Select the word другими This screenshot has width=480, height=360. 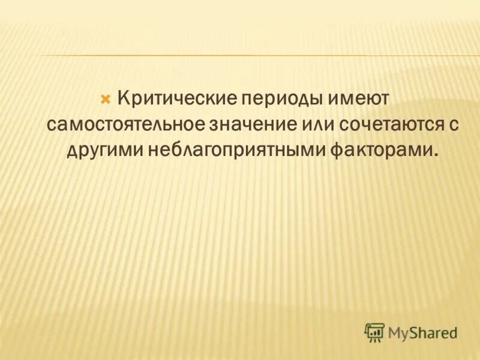104,150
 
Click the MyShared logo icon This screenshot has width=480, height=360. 374,332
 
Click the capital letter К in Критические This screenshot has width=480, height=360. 123,97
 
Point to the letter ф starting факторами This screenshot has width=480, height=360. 338,151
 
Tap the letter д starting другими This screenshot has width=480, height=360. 72,151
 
